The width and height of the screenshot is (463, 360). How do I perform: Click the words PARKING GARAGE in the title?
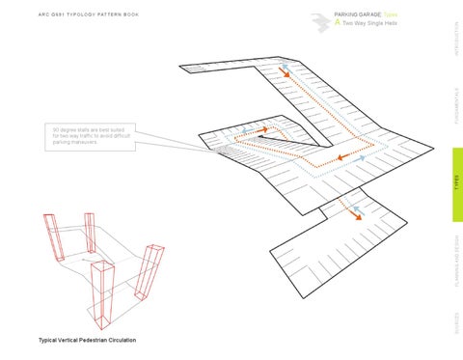(x=357, y=15)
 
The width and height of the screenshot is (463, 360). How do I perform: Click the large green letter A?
(x=337, y=23)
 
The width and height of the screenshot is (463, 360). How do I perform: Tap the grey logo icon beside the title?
(x=321, y=19)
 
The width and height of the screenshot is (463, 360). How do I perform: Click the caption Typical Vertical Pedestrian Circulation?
(x=87, y=341)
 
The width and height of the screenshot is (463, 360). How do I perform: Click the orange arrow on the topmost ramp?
(x=286, y=72)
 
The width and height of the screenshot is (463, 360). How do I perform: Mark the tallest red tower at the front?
(x=101, y=291)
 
